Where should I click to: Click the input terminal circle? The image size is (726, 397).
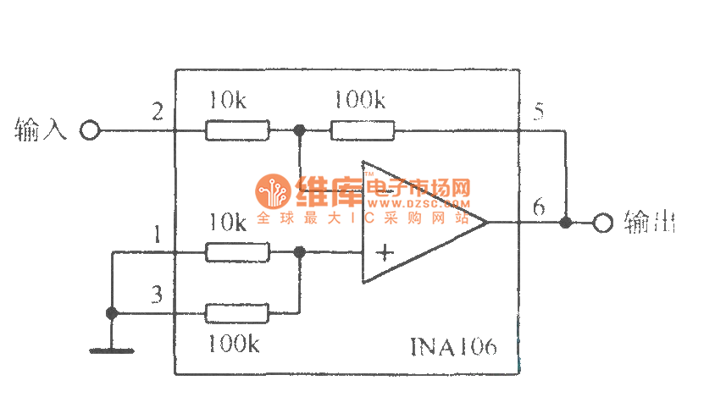(x=90, y=131)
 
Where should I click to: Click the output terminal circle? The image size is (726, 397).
(x=602, y=223)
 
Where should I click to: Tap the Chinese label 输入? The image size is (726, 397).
(x=41, y=130)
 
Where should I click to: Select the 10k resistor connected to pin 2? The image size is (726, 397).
(x=237, y=131)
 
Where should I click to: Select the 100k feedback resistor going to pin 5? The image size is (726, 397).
(x=362, y=131)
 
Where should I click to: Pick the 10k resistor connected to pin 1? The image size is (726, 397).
(x=237, y=251)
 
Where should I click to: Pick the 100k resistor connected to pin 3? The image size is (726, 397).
(x=237, y=313)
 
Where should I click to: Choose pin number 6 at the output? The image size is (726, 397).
(x=539, y=206)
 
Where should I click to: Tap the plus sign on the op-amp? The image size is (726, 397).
(x=385, y=252)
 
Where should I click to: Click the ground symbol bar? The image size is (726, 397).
(x=111, y=348)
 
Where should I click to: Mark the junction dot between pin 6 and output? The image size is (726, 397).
(x=565, y=223)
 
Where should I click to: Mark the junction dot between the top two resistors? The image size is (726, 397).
(x=299, y=131)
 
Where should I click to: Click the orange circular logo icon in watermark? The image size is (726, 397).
(x=274, y=193)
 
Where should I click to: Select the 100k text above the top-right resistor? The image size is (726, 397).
(x=359, y=101)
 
